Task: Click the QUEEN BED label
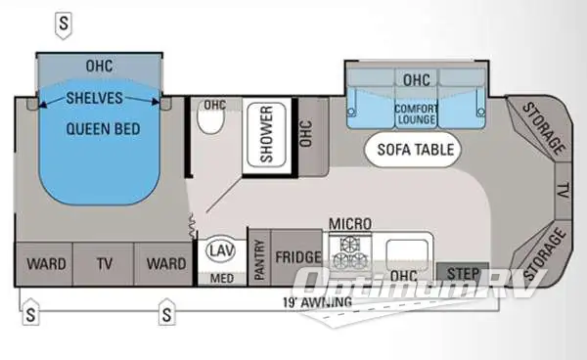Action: tap(101, 128)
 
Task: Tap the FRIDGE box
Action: tap(296, 258)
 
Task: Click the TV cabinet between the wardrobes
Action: tap(105, 263)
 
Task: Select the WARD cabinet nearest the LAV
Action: tap(165, 263)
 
